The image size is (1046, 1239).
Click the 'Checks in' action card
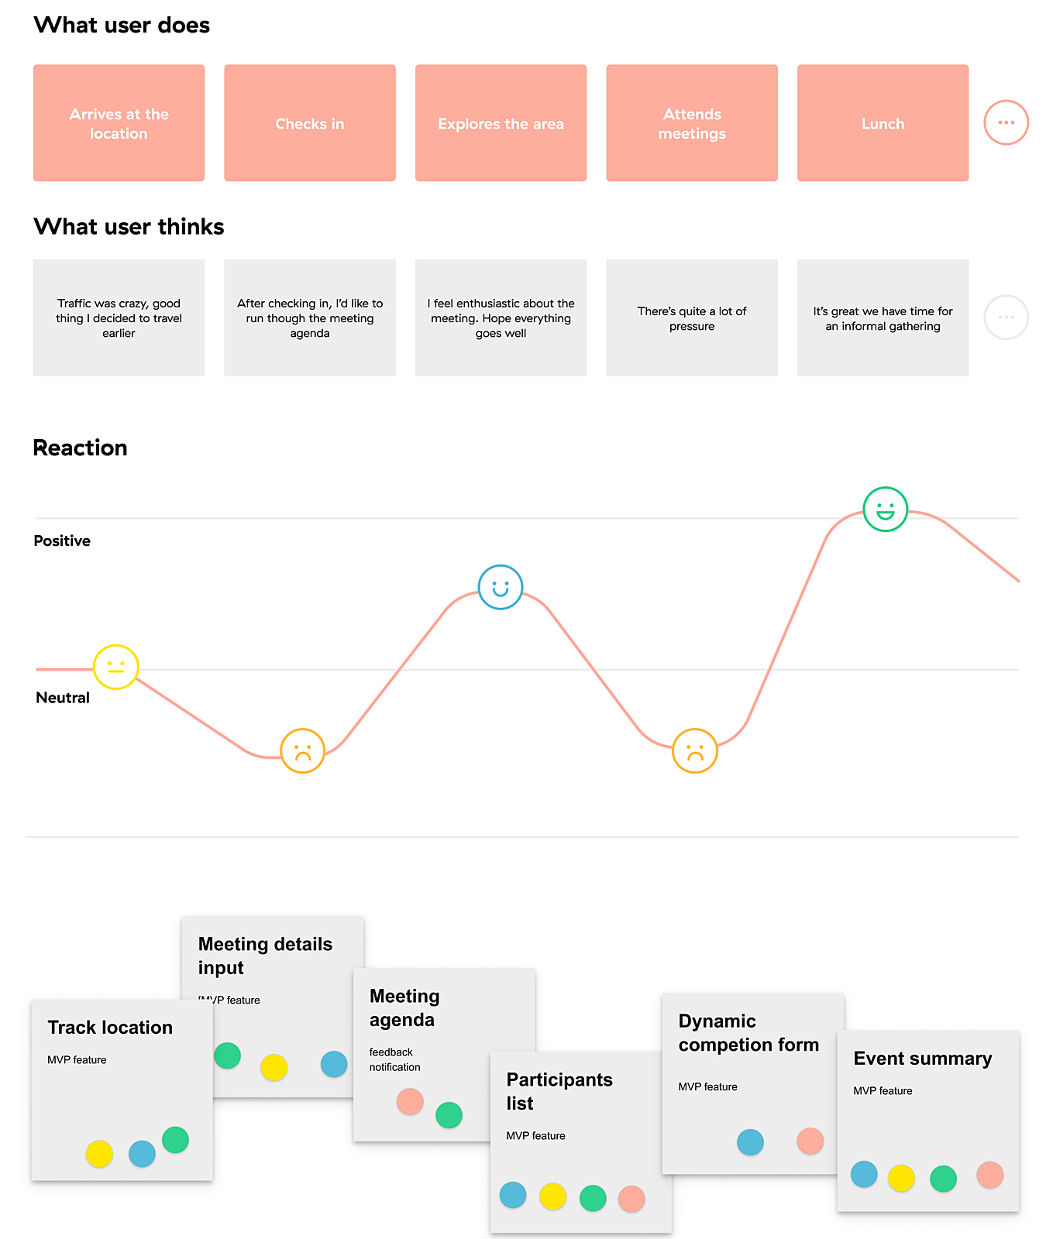pyautogui.click(x=310, y=123)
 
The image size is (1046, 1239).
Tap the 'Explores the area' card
pyautogui.click(x=501, y=123)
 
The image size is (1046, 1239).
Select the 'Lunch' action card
pyautogui.click(x=883, y=123)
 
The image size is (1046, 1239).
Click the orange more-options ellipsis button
pyautogui.click(x=1006, y=122)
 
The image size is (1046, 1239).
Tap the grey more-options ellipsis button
pyautogui.click(x=1006, y=317)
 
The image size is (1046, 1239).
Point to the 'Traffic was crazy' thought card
pyautogui.click(x=119, y=317)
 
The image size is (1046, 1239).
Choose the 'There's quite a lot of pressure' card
pyautogui.click(x=691, y=317)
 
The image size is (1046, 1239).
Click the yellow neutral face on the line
pyautogui.click(x=116, y=667)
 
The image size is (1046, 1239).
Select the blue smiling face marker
pyautogui.click(x=501, y=587)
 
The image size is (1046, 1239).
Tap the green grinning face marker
pyautogui.click(x=885, y=510)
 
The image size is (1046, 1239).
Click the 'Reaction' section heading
pyautogui.click(x=80, y=448)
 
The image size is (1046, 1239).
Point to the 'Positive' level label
pyautogui.click(x=62, y=541)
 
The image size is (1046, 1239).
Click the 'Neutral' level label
pyautogui.click(x=63, y=698)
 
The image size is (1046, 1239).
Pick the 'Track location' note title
pyautogui.click(x=110, y=1028)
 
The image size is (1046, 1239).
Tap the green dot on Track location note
pyautogui.click(x=176, y=1140)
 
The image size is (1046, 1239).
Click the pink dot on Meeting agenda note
pyautogui.click(x=410, y=1101)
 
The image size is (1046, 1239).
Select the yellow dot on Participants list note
pyautogui.click(x=552, y=1196)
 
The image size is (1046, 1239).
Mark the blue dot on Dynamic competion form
pyautogui.click(x=750, y=1142)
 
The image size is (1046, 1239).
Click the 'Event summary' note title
pyautogui.click(x=922, y=1059)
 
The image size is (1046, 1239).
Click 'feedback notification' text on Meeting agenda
pyautogui.click(x=394, y=1059)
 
